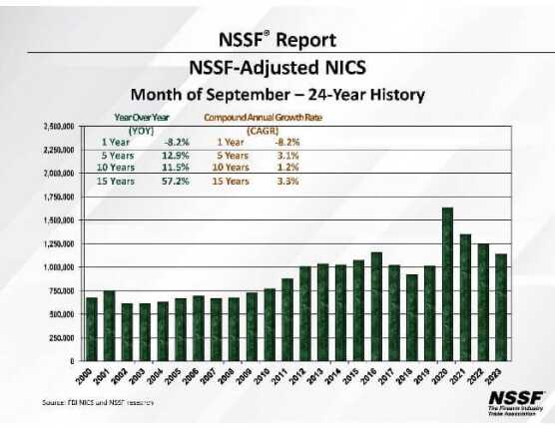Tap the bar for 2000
pyautogui.click(x=92, y=329)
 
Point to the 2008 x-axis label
pyautogui.click(x=231, y=376)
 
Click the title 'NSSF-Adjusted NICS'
pyautogui.click(x=277, y=68)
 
